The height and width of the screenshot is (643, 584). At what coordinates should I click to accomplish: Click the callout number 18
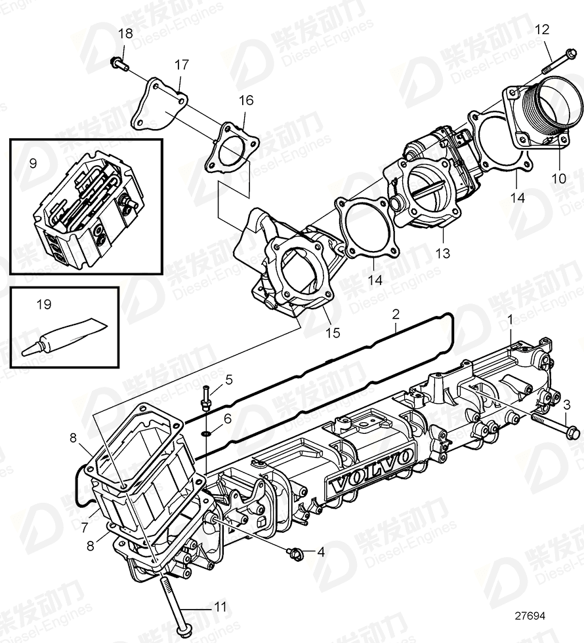click(125, 33)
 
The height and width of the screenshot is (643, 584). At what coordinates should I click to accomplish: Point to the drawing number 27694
click(530, 617)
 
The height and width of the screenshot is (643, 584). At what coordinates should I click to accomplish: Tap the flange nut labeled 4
click(295, 554)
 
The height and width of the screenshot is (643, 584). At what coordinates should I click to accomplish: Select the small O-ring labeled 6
click(206, 433)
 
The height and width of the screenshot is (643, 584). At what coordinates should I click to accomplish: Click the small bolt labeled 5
click(206, 397)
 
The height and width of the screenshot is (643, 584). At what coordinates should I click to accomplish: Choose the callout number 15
click(333, 333)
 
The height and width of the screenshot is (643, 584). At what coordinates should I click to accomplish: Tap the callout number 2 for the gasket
click(395, 314)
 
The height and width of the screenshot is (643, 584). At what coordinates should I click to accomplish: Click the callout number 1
click(510, 320)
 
